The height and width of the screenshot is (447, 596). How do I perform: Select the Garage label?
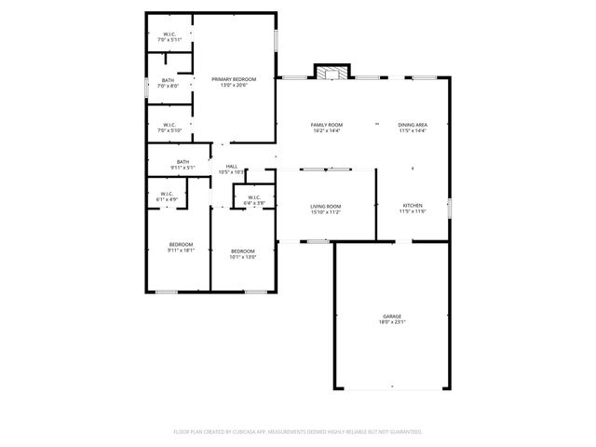[x=391, y=317]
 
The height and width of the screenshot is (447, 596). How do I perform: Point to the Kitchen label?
[x=413, y=206]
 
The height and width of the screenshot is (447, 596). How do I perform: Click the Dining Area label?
[x=413, y=125]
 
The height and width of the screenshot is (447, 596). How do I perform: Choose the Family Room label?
[x=327, y=125]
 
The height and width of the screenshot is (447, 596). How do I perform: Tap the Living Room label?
[x=326, y=206]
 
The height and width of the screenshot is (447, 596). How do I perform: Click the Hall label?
[x=231, y=167]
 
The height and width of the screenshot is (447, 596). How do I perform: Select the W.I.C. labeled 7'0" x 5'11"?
[x=169, y=35]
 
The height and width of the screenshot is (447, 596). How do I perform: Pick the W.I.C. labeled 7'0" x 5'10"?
[x=169, y=125]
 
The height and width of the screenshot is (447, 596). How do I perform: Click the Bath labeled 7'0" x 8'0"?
[x=169, y=80]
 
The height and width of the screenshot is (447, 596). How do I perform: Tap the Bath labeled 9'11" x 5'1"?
[x=183, y=162]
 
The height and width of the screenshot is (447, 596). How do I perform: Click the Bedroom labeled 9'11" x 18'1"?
[x=181, y=244]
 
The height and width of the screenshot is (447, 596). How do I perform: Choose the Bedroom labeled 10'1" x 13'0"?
[x=243, y=251]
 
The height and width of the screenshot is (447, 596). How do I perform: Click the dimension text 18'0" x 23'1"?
[x=391, y=322]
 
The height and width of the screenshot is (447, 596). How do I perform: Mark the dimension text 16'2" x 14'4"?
[x=327, y=130]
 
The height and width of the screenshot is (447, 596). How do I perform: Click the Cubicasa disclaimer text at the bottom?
[x=298, y=432]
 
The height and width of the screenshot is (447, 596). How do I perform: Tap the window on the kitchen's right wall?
[x=449, y=207]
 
